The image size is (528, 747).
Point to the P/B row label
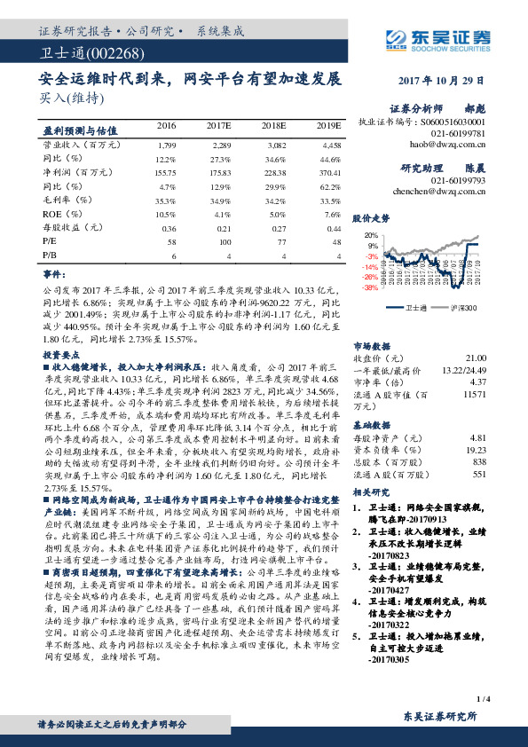pyautogui.click(x=51, y=256)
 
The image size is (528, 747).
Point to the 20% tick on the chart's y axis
pyautogui.click(x=370, y=235)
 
